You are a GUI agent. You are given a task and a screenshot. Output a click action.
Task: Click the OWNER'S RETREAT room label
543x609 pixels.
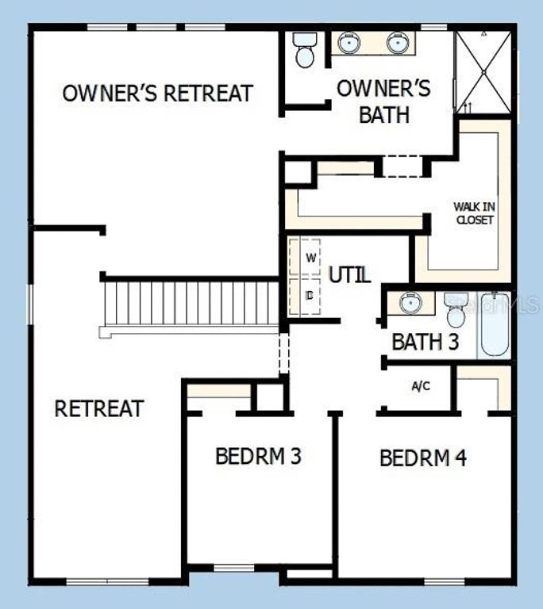click(x=157, y=93)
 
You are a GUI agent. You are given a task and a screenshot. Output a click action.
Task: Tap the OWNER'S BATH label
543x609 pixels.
click(x=383, y=101)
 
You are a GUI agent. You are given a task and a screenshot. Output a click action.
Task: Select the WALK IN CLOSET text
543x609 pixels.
click(x=474, y=213)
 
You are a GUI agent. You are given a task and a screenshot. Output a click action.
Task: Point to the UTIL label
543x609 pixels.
click(x=349, y=275)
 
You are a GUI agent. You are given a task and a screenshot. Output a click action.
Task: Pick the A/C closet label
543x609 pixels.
click(x=421, y=386)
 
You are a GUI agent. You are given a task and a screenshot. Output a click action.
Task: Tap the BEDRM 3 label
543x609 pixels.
click(x=258, y=457)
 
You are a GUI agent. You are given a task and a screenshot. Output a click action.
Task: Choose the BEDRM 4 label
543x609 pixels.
click(x=422, y=458)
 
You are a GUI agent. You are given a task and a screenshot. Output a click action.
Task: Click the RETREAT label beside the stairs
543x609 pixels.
click(x=99, y=409)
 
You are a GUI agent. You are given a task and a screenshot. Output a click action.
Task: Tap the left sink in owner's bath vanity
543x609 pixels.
click(x=349, y=44)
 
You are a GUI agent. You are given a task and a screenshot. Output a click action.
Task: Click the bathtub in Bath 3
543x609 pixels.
click(x=493, y=325)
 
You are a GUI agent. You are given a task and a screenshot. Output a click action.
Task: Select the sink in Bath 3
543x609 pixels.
click(x=410, y=302)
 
